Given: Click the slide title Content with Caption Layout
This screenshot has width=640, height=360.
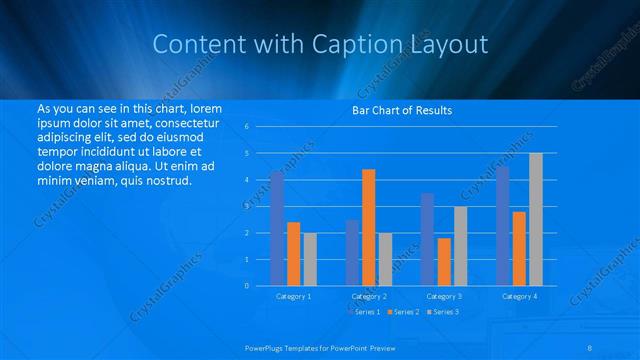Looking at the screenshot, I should click(x=320, y=44).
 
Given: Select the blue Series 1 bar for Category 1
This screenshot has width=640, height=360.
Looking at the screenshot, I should click(x=277, y=228).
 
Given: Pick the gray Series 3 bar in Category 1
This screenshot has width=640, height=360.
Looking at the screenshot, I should click(x=310, y=259).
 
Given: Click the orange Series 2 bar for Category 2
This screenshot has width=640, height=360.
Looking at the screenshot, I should click(x=368, y=227).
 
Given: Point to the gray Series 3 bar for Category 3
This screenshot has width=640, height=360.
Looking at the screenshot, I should click(x=460, y=246).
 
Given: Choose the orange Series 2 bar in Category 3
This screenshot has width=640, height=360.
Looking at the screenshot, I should click(x=444, y=261).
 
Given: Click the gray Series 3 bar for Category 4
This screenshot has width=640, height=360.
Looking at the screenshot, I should click(x=536, y=219).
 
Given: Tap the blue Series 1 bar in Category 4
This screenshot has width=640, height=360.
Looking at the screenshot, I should click(x=502, y=225).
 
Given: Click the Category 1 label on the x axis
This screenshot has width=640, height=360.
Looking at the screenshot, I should click(x=293, y=296).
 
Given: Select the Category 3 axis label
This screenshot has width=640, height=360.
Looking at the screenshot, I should click(x=444, y=296).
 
